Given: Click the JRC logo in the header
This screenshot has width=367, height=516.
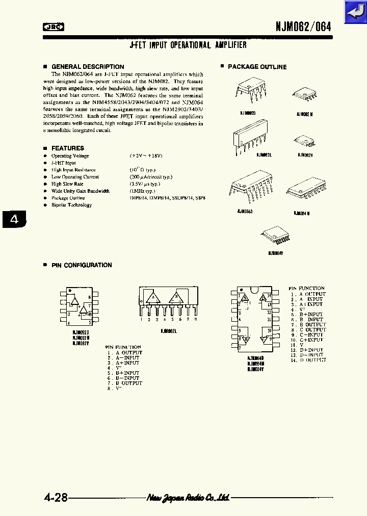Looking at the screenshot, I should (53, 28).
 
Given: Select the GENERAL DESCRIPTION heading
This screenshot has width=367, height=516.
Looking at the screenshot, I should (88, 67).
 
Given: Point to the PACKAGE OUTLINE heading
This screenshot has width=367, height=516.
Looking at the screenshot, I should (257, 67).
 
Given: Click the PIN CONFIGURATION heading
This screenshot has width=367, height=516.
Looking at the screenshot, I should (82, 265).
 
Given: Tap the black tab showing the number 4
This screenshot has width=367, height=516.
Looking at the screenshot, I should (14, 220).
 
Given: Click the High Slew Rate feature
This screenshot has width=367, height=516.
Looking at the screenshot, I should (67, 184).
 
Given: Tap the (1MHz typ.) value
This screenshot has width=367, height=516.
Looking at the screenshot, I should (144, 191).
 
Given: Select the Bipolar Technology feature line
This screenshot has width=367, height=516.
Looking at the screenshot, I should (71, 205).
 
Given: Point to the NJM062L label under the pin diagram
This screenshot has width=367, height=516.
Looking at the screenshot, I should (169, 330).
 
